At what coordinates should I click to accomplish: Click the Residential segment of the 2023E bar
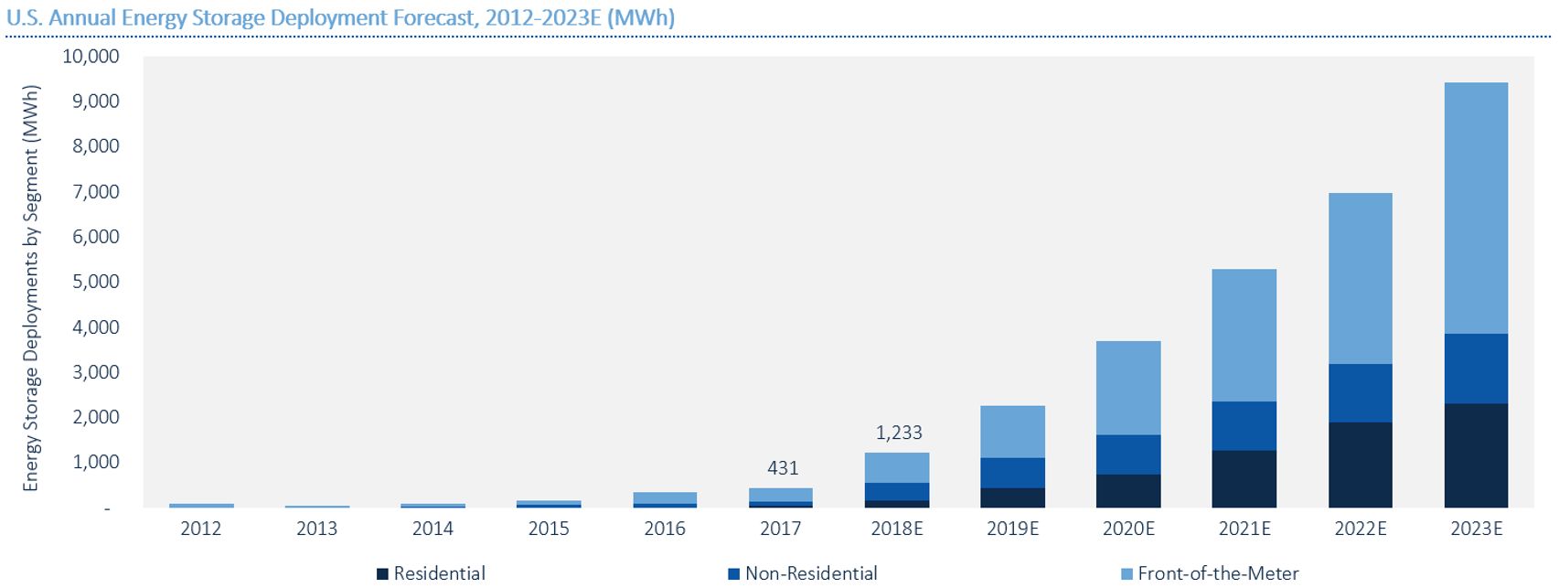pyautogui.click(x=1476, y=455)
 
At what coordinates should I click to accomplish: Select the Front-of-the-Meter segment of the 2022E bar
pyautogui.click(x=1360, y=278)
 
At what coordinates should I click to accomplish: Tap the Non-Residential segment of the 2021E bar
pyautogui.click(x=1244, y=425)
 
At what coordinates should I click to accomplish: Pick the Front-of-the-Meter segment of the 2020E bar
pyautogui.click(x=1128, y=388)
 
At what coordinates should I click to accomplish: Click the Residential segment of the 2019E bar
pyautogui.click(x=1012, y=497)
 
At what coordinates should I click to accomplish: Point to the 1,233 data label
pyautogui.click(x=899, y=433)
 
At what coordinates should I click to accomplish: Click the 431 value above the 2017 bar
pyautogui.click(x=783, y=468)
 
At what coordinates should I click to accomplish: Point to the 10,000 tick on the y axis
pyautogui.click(x=91, y=57)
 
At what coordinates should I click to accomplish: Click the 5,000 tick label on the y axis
pyautogui.click(x=96, y=282)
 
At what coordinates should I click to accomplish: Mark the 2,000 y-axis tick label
pyautogui.click(x=96, y=417)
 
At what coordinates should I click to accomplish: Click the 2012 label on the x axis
pyautogui.click(x=201, y=529)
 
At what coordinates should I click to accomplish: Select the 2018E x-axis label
pyautogui.click(x=897, y=529)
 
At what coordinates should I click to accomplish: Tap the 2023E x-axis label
pyautogui.click(x=1476, y=529)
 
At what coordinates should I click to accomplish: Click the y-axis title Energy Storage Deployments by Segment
pyautogui.click(x=31, y=288)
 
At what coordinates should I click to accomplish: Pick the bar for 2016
pyautogui.click(x=665, y=499)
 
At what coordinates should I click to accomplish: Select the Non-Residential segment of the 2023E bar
pyautogui.click(x=1476, y=369)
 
